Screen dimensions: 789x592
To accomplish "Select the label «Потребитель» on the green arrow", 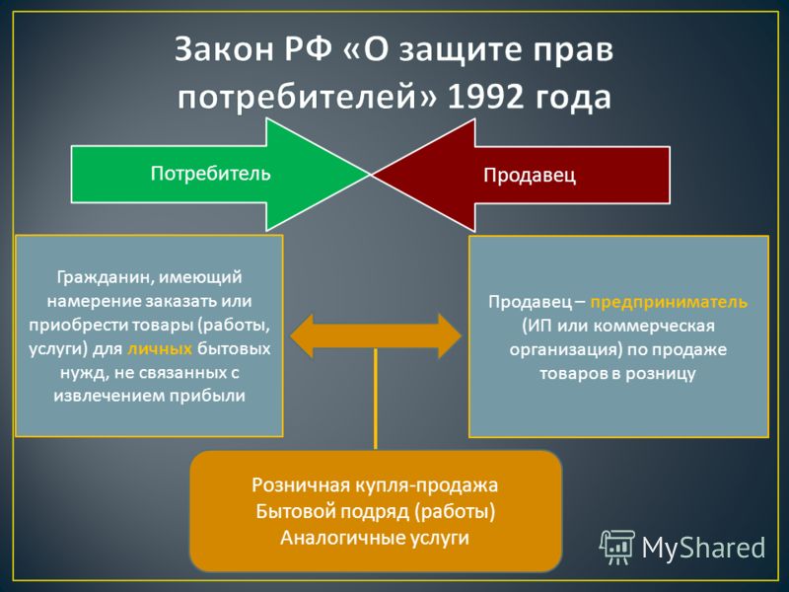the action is (210, 174).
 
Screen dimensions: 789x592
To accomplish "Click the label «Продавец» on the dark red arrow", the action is (530, 175).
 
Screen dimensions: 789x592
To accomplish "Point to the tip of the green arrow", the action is (370, 175).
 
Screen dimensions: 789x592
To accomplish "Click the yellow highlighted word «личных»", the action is (160, 348).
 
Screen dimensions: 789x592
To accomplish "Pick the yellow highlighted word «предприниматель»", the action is (669, 302).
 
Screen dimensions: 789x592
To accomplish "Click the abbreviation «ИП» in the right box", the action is (535, 326).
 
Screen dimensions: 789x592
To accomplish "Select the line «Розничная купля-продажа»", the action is (375, 484).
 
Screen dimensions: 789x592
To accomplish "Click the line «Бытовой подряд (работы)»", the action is (376, 511).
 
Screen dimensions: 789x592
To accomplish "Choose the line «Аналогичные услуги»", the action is (375, 538).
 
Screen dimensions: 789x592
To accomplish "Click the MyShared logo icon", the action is (617, 547).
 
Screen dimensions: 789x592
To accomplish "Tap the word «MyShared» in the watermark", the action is (703, 548).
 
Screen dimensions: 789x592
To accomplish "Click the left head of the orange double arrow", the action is (301, 335).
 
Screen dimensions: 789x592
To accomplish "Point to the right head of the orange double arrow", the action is (450, 335).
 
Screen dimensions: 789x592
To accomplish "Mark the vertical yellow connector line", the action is (376, 399).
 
